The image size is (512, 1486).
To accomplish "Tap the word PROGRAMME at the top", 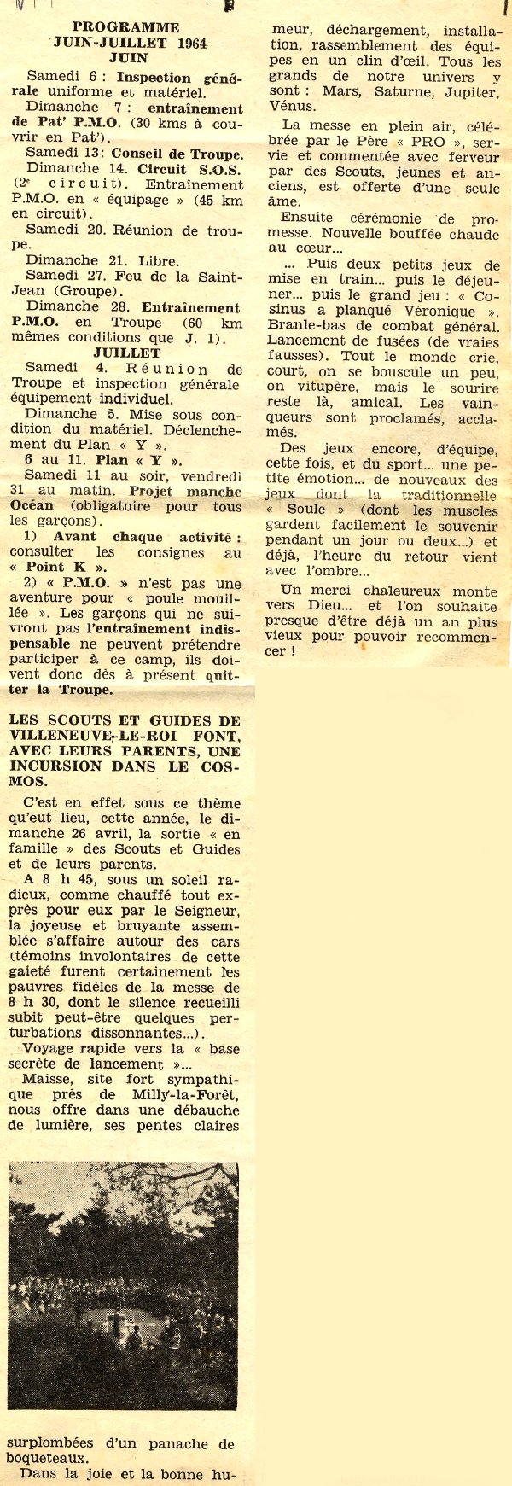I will point(125,27).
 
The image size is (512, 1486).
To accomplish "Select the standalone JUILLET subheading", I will point(128,352).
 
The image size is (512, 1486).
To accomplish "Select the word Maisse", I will point(50,1080).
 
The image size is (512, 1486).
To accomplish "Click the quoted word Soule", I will point(305,510).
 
